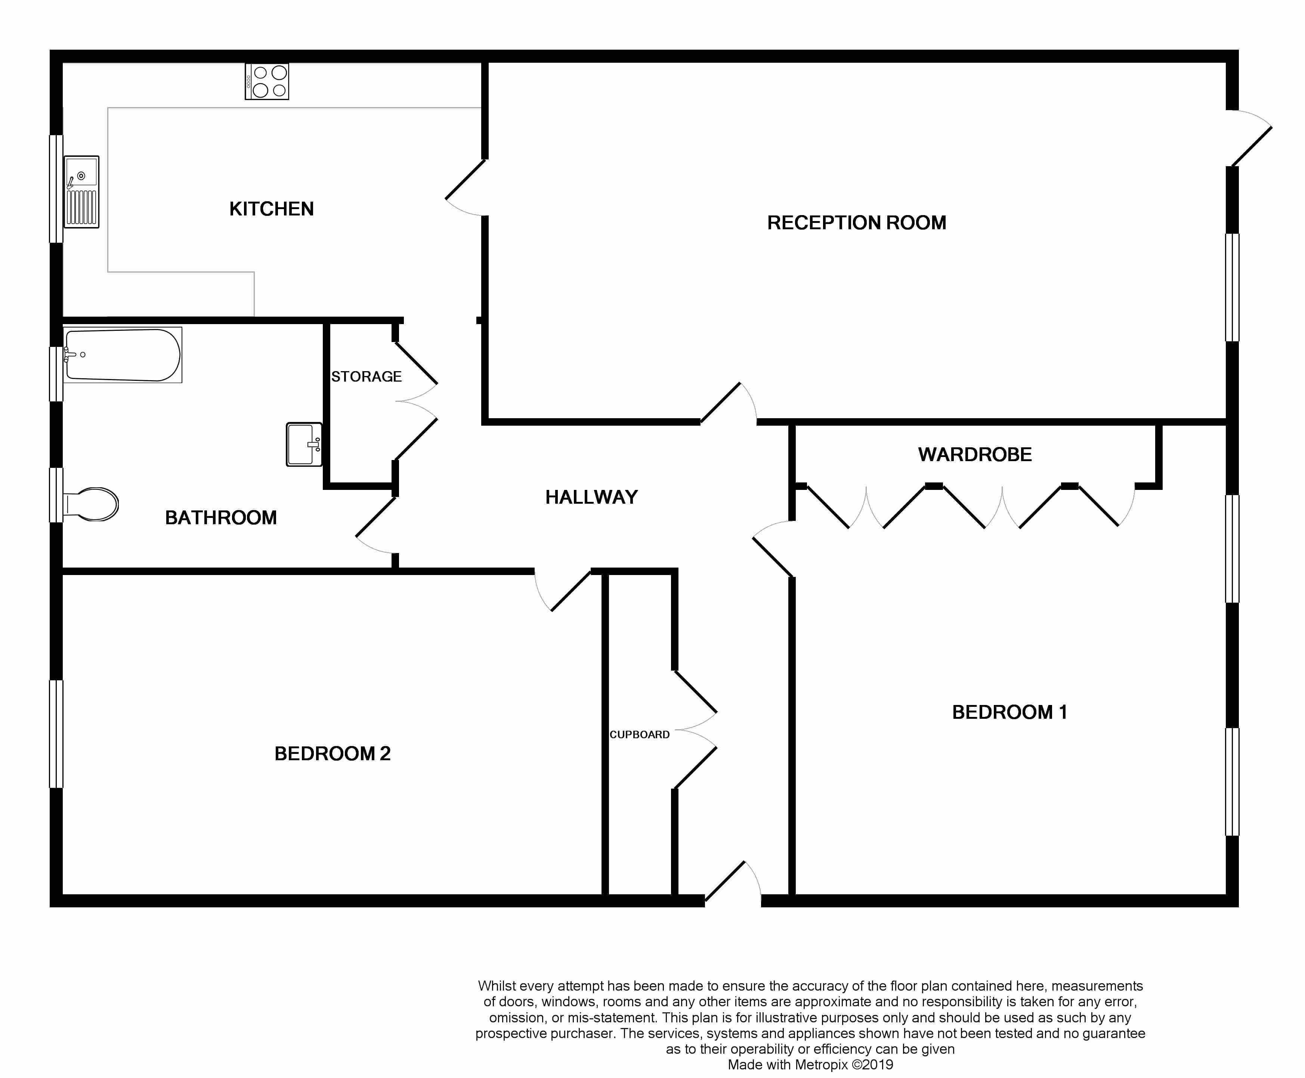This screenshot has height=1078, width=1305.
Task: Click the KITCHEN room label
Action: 272,209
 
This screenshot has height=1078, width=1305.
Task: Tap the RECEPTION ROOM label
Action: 857,222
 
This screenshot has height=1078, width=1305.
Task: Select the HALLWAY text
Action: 591,497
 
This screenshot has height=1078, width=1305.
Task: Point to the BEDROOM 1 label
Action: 1009,712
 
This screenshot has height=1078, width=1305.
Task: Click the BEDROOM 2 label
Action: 332,753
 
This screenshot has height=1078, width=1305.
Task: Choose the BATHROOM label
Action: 220,517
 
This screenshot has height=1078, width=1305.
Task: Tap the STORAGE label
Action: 367,376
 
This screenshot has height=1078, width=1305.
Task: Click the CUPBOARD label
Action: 639,734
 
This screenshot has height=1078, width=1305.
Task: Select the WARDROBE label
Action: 975,454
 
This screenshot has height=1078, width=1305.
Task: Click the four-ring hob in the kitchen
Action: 267,81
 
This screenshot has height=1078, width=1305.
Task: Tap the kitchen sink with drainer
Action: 81,191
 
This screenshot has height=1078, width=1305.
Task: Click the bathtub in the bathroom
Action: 123,355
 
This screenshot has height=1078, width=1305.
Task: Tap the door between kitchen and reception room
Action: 465,188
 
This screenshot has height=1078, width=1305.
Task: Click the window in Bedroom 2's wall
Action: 56,734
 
